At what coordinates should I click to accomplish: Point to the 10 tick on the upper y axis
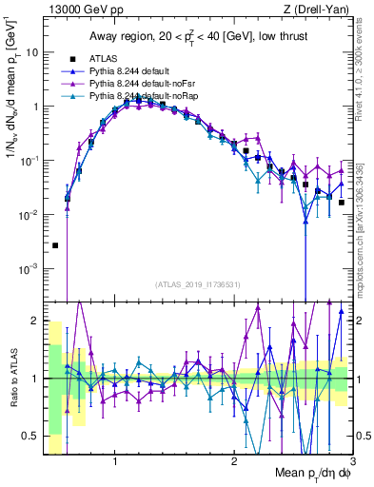[32, 52]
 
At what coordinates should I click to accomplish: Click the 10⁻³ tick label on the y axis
[29, 269]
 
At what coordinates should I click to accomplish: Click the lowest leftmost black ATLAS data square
[55, 245]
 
